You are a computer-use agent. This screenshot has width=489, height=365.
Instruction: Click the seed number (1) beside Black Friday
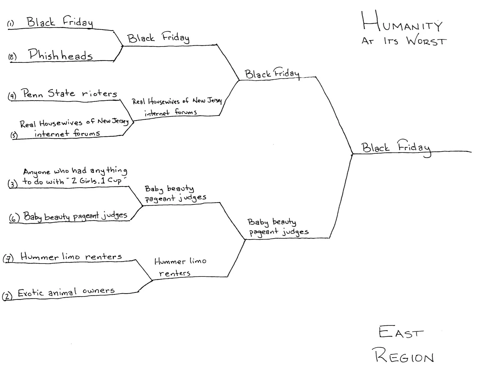tap(11, 23)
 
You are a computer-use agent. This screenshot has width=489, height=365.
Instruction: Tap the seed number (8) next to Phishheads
tap(12, 56)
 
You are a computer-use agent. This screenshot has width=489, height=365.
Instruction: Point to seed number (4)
tap(12, 96)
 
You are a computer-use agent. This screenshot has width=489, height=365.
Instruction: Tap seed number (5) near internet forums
tap(14, 135)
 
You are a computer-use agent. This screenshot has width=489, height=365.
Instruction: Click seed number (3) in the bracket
tap(12, 183)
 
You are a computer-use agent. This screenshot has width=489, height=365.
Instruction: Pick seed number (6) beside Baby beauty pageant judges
tap(14, 218)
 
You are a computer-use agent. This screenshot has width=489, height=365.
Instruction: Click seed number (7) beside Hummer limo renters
tap(8, 258)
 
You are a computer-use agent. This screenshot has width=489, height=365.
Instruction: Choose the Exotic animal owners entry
tap(66, 292)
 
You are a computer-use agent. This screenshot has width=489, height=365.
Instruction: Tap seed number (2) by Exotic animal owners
tap(7, 296)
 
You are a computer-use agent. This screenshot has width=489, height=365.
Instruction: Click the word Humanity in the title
tap(402, 23)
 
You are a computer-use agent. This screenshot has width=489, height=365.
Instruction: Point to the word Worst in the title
tap(426, 41)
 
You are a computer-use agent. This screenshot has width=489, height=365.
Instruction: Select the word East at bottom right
tap(401, 333)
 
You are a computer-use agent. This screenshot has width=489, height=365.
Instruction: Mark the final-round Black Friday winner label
tap(396, 148)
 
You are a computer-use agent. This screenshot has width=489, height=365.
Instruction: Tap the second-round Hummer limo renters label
tap(180, 267)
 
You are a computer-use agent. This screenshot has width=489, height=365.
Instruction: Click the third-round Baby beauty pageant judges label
tap(277, 227)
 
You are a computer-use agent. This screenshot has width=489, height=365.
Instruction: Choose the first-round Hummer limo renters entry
tap(71, 257)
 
